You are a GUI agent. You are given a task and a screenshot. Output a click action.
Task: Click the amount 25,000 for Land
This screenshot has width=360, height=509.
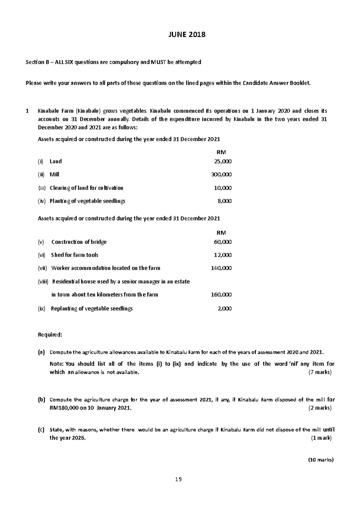[x=223, y=162]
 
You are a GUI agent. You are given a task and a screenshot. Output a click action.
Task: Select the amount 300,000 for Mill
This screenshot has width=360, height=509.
[x=221, y=175]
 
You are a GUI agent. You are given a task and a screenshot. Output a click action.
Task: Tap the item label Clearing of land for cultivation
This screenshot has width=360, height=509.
[x=86, y=188]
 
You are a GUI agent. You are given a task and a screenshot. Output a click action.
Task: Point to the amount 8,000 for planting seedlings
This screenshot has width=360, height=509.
[x=224, y=201]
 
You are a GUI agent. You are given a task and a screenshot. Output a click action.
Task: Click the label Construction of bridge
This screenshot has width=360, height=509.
[x=79, y=242]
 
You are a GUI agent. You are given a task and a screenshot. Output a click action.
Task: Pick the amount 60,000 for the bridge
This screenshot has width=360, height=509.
[x=223, y=242]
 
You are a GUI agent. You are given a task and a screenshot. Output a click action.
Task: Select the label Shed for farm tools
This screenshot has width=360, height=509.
[x=75, y=255]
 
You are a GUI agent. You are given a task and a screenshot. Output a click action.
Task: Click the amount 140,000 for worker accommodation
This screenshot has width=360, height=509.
[x=221, y=268]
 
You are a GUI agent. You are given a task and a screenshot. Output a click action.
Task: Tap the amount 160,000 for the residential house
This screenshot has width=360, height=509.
[x=221, y=295]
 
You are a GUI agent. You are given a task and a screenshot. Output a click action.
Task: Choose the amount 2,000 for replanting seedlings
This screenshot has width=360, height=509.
[x=224, y=309]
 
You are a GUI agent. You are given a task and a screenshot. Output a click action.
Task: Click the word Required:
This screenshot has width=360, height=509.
[x=50, y=335]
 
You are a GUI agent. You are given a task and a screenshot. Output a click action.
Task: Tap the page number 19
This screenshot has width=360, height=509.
[x=178, y=479]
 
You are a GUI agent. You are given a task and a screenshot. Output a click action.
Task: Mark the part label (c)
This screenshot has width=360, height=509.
[x=41, y=430]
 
